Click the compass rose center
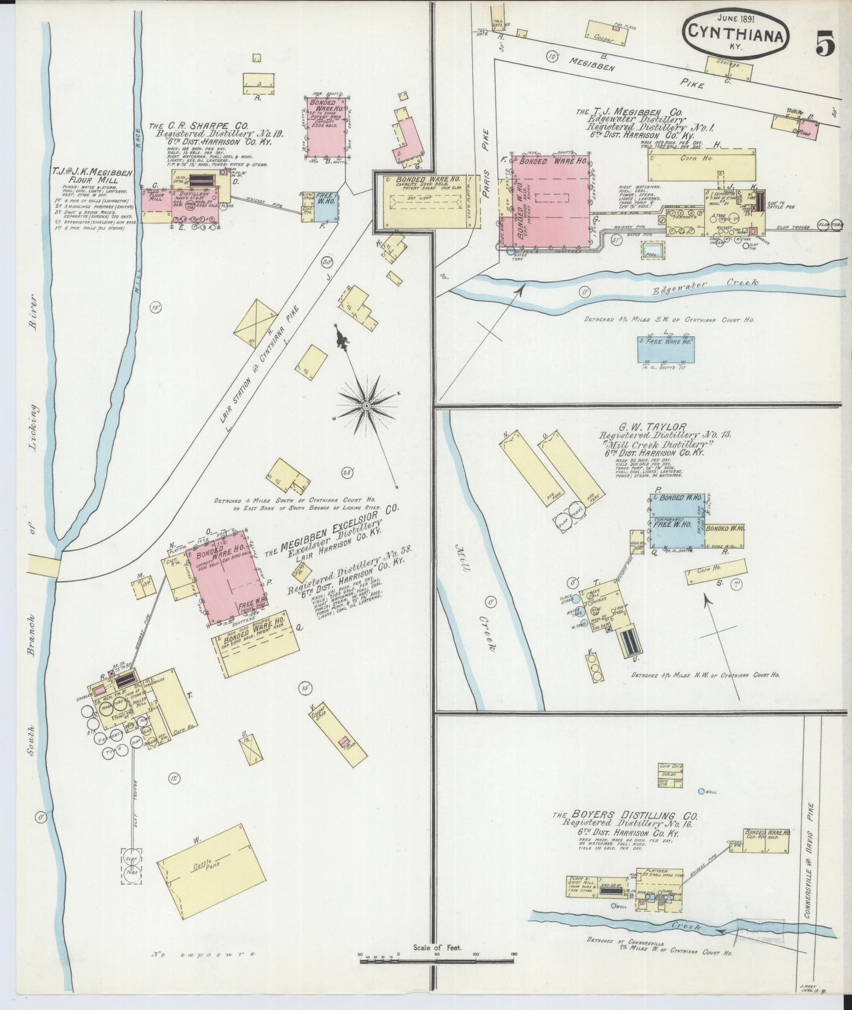coord(366,406)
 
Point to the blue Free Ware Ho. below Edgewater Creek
coord(667,348)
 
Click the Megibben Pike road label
coord(637,74)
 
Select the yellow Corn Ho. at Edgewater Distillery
coord(701,164)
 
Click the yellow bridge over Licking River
coord(44,566)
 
